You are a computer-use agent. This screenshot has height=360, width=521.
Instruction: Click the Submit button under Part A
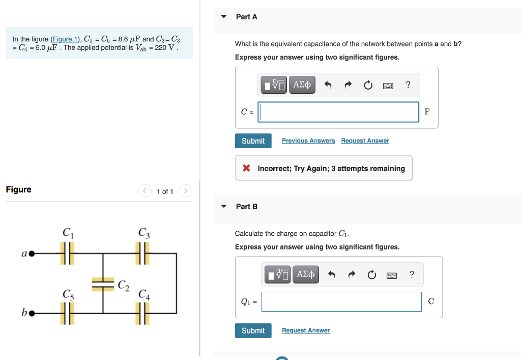click(253, 141)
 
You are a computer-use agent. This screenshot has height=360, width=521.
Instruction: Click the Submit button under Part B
click(253, 330)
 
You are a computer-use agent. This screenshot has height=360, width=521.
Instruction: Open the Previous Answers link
click(308, 141)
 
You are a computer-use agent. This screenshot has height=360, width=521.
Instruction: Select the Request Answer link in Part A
click(365, 141)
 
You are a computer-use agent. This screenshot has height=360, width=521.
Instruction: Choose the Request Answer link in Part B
click(306, 330)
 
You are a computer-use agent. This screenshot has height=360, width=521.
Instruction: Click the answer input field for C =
click(338, 112)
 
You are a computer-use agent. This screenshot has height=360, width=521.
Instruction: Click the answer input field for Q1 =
click(341, 301)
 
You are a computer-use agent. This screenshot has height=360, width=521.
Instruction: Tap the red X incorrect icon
click(246, 168)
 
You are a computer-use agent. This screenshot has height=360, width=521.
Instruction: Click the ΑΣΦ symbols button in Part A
click(302, 85)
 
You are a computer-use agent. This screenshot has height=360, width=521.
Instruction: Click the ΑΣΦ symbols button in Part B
click(305, 274)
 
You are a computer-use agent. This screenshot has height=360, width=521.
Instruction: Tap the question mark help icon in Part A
click(408, 85)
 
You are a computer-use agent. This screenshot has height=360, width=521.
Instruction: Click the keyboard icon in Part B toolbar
click(392, 275)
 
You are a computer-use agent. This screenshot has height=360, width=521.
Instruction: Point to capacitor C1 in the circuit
click(68, 253)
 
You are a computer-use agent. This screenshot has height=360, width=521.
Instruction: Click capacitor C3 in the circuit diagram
click(142, 253)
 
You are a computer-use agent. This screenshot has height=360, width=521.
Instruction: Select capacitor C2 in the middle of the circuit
click(103, 284)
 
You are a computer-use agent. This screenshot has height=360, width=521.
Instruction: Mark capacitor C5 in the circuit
click(68, 313)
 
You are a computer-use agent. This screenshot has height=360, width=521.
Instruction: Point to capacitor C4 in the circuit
click(142, 313)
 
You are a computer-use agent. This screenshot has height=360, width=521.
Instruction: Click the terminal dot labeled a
click(31, 253)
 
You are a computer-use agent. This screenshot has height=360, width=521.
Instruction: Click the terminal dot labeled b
click(31, 313)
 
